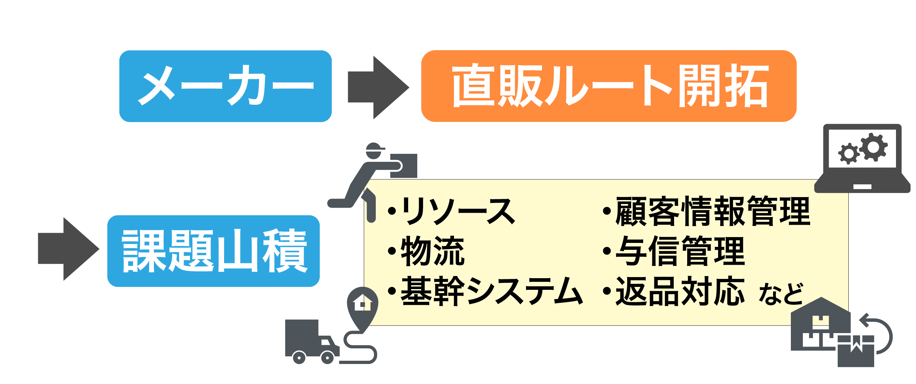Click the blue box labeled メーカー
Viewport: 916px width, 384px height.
(x=225, y=86)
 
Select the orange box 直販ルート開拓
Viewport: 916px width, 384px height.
(x=609, y=86)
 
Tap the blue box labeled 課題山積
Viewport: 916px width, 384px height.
(x=213, y=251)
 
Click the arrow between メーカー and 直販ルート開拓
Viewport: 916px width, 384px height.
(x=378, y=87)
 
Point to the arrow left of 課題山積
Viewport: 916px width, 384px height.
(x=68, y=249)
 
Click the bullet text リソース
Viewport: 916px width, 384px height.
(x=457, y=211)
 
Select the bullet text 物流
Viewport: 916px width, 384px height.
(x=432, y=251)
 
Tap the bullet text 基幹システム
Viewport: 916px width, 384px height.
(x=491, y=291)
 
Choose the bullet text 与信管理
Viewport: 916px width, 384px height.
(x=680, y=251)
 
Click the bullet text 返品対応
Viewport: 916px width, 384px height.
(x=680, y=291)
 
